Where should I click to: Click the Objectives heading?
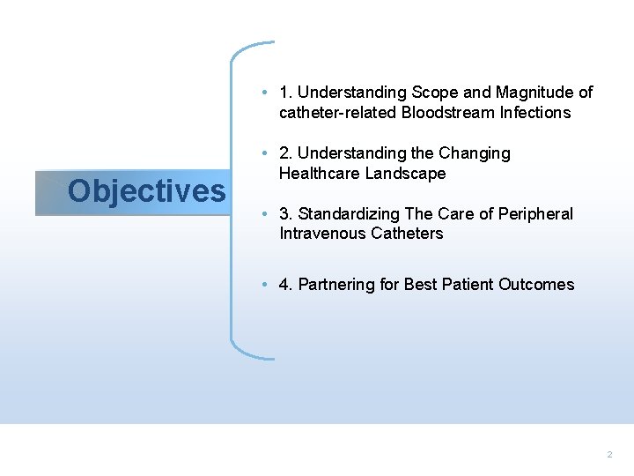[146, 190]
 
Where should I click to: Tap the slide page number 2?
[608, 454]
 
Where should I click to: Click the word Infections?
[536, 113]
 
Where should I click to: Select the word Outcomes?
[536, 285]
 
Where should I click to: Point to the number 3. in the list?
[285, 214]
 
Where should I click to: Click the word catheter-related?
[337, 113]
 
